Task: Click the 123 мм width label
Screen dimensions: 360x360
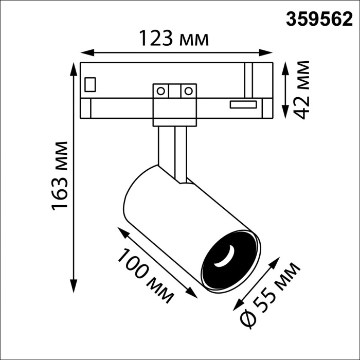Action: [x=175, y=39]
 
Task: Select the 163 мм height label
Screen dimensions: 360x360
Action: [x=60, y=175]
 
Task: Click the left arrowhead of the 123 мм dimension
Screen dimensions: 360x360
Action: [x=86, y=52]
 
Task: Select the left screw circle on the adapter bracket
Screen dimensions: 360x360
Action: [x=161, y=92]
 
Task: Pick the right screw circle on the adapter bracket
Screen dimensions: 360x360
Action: [x=188, y=92]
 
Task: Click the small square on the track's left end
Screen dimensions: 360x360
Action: [x=91, y=83]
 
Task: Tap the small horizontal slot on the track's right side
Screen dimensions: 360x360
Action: [x=243, y=104]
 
